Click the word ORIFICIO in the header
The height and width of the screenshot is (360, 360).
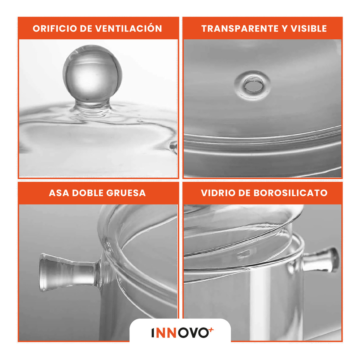click(x=55, y=29)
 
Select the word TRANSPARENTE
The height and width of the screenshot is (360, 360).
click(x=240, y=29)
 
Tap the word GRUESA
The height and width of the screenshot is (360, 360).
click(x=126, y=193)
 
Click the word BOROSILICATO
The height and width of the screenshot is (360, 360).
click(x=290, y=193)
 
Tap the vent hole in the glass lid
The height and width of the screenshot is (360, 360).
click(x=252, y=86)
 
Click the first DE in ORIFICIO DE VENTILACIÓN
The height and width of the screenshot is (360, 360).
click(x=86, y=29)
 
